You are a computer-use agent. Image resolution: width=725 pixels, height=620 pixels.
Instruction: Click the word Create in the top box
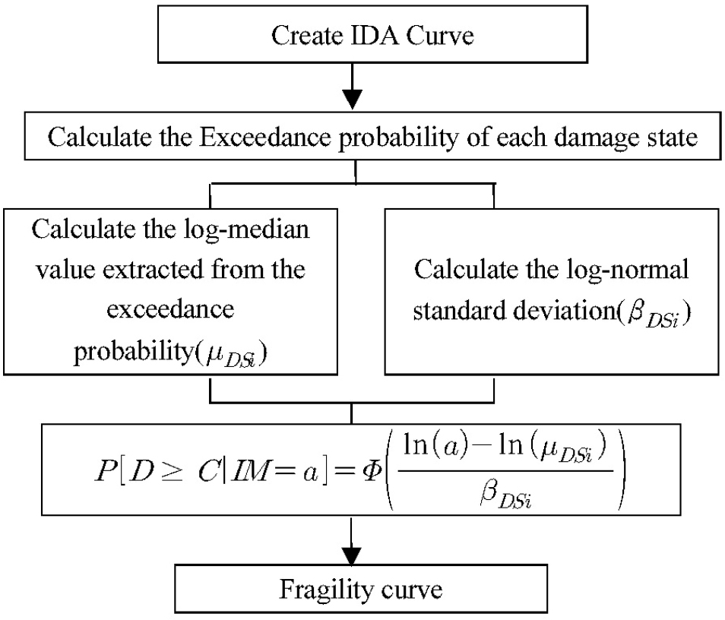(x=304, y=36)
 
